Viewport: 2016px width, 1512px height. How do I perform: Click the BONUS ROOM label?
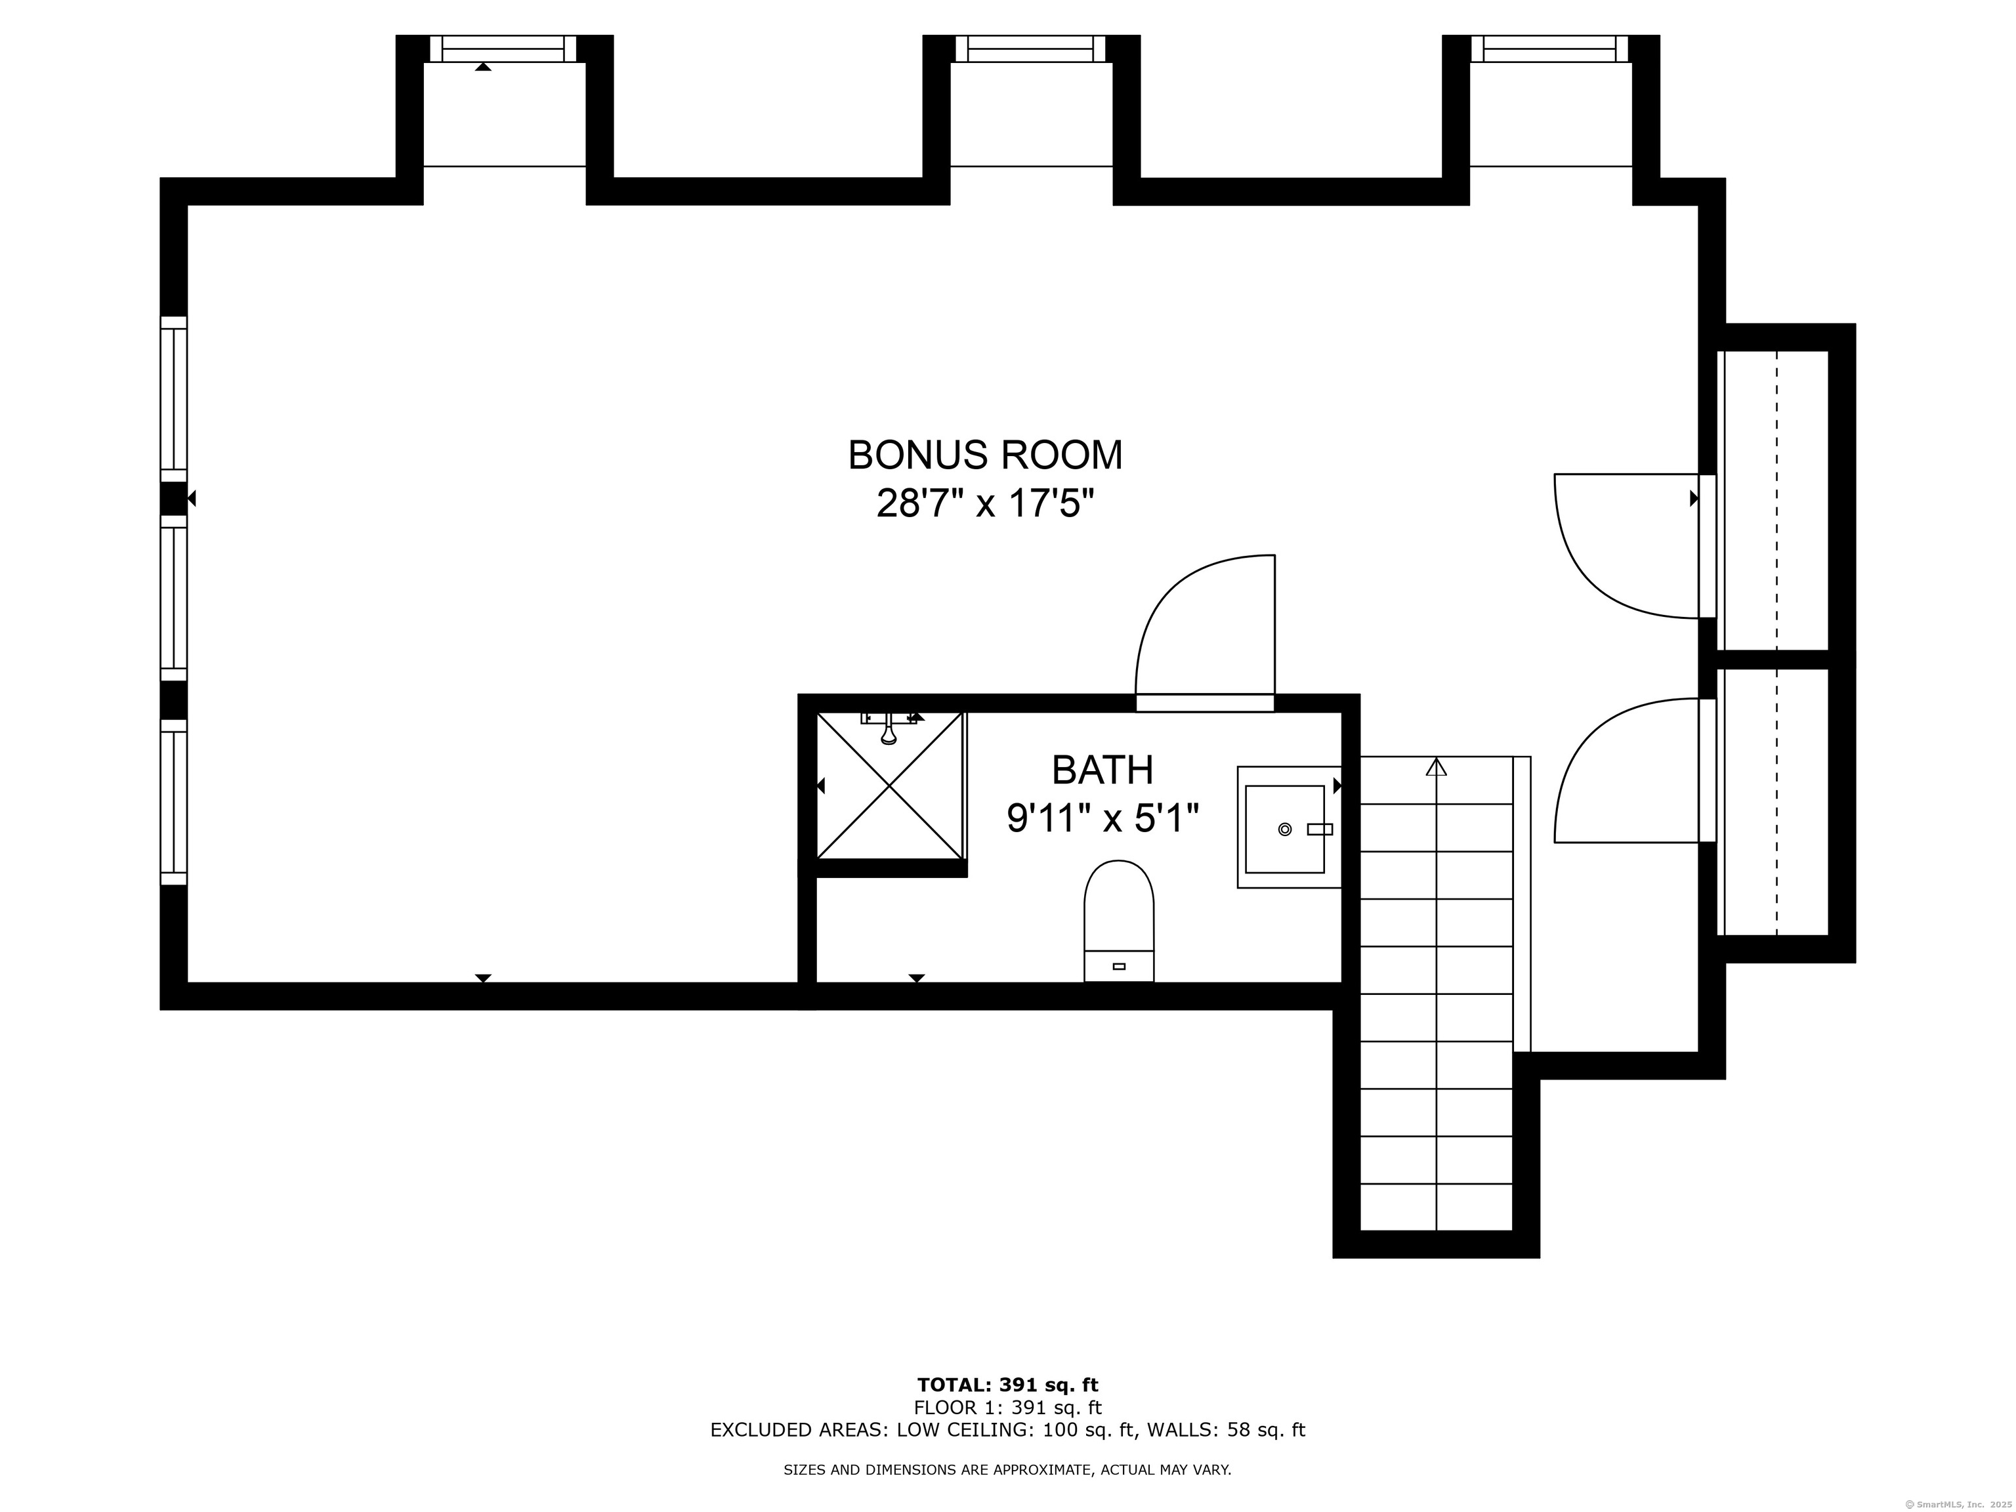tap(985, 455)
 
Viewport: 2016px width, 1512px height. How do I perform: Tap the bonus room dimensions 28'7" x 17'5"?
tap(985, 503)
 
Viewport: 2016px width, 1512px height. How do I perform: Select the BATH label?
tap(1102, 770)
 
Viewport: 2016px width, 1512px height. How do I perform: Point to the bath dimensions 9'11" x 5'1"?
tap(1102, 818)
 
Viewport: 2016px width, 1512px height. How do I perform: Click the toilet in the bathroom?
tap(1119, 921)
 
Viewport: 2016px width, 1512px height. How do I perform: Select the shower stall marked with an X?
tap(889, 786)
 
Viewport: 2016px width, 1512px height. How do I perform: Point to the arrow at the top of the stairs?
tap(1437, 766)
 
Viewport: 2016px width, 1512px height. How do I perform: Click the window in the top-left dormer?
tap(503, 49)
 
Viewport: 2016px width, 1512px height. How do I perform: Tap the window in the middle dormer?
tap(1031, 49)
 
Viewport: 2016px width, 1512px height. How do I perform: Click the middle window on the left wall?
tap(173, 598)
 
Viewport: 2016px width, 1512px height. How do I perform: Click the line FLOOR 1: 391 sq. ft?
tap(1007, 1408)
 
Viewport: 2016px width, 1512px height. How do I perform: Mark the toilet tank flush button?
tap(1119, 966)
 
